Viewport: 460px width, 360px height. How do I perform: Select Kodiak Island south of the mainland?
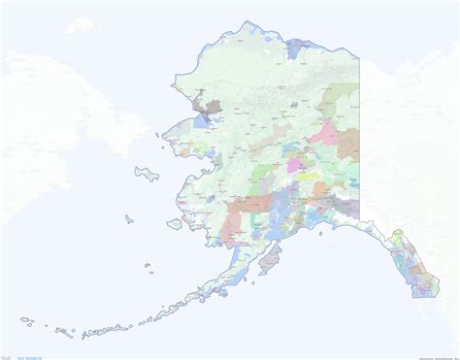click(271, 258)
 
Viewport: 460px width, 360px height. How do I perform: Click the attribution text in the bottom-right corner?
click(428, 354)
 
